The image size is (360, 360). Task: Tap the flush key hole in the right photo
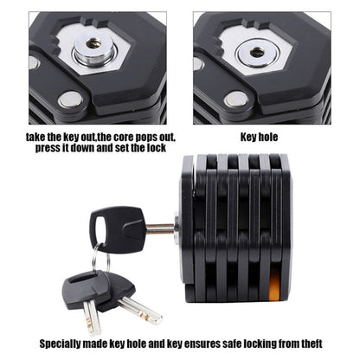[257, 52]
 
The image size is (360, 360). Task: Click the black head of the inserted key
[117, 227]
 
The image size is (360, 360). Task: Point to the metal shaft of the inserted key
[161, 228]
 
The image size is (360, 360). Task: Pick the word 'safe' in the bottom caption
[241, 342]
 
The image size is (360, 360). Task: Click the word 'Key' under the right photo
[247, 136]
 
